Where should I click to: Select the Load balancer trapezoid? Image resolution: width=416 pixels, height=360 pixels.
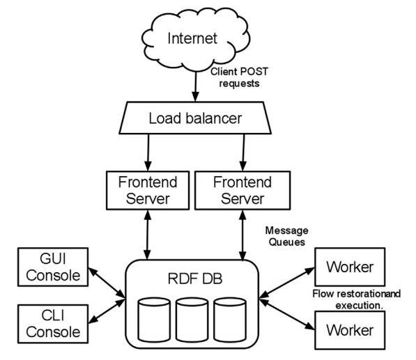pos(195,118)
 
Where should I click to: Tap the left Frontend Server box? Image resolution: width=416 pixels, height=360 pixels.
pos(148,190)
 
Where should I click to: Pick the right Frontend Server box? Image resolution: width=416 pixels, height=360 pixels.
pos(242,190)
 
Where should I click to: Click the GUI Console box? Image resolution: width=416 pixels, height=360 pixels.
pos(53,267)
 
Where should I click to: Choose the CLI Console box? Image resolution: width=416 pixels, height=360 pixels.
pos(53,324)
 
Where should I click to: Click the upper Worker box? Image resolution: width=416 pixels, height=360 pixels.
pos(350,267)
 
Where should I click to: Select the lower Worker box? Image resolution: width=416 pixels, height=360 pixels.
pos(350,330)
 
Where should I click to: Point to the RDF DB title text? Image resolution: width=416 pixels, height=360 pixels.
pos(195,279)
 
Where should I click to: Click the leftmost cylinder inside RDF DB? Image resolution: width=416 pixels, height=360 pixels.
pos(154,320)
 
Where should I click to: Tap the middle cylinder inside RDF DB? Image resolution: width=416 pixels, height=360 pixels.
pos(192,320)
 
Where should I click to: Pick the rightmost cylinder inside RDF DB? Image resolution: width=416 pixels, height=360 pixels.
pos(230,320)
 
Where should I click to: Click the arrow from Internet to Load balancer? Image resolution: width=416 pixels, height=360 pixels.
pos(196,86)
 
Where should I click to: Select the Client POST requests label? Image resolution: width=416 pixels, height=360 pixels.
pos(239,77)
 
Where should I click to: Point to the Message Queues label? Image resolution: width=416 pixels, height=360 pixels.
pos(287,236)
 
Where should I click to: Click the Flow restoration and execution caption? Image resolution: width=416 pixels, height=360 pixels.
pos(357,299)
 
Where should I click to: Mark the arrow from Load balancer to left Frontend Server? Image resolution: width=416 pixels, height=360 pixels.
pos(148,152)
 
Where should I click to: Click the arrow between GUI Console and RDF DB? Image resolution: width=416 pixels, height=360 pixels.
pos(107,283)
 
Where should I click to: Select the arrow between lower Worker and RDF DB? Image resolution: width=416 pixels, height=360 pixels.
pos(286,315)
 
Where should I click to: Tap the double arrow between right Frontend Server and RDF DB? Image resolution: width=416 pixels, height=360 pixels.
pos(242,235)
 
